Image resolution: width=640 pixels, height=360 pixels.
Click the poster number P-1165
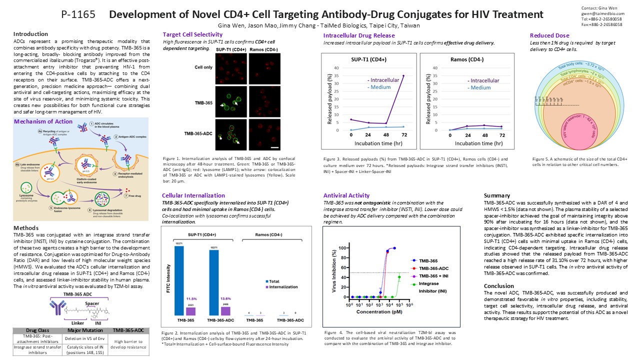coord(78,14)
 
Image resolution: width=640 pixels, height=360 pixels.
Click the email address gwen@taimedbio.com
coord(602,14)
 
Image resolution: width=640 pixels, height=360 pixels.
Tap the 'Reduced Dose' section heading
coord(549,35)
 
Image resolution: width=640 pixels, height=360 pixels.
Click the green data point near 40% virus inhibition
coord(399,277)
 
